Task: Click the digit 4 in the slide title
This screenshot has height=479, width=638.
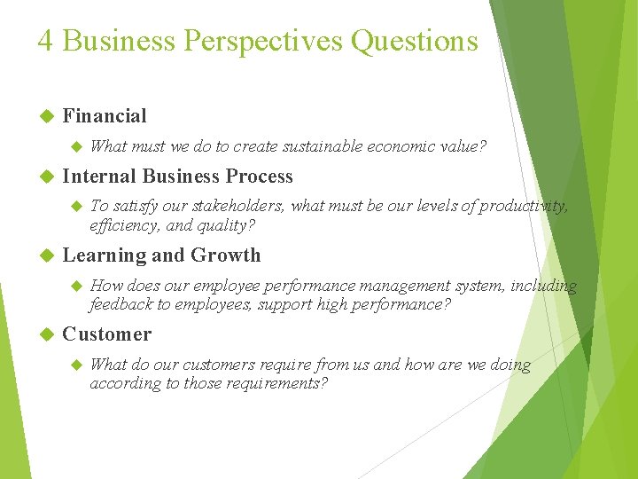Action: (44, 41)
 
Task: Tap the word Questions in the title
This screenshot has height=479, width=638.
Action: (414, 41)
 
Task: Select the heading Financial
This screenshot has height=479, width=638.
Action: (105, 115)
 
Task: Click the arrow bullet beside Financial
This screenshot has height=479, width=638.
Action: (48, 116)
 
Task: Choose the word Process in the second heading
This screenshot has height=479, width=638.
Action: (259, 176)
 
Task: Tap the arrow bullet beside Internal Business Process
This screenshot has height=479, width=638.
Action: (48, 177)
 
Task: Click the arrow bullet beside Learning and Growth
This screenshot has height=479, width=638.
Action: (48, 256)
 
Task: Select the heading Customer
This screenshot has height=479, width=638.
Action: (106, 334)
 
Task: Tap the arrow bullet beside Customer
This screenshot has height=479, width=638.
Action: (48, 334)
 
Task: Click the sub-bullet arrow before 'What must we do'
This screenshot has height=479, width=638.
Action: (75, 146)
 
